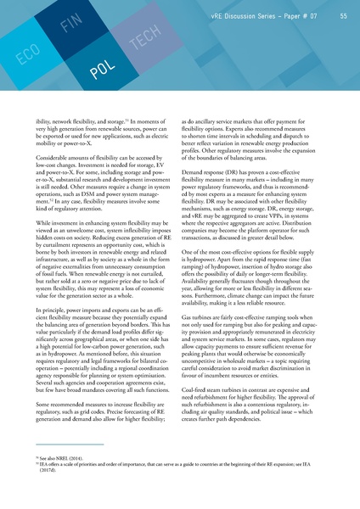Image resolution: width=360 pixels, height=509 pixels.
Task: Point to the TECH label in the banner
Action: click(x=140, y=42)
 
